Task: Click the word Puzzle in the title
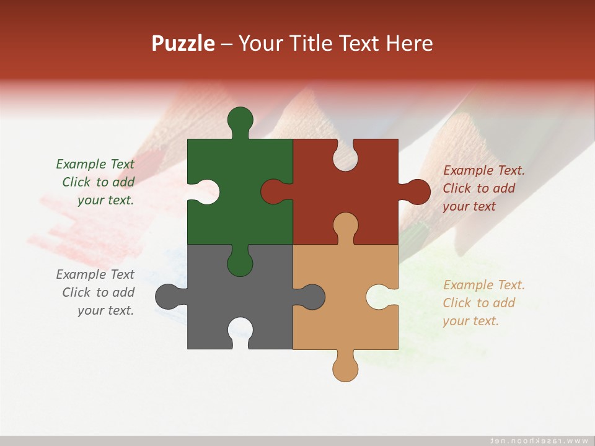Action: point(183,43)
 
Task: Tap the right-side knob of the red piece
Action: point(417,192)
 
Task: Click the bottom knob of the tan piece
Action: point(345,368)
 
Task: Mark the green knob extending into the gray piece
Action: point(240,262)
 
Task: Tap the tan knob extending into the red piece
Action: point(345,225)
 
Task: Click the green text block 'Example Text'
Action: point(96,182)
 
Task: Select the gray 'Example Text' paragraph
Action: point(96,292)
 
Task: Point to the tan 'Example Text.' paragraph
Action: point(483,303)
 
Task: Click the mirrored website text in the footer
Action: point(539,440)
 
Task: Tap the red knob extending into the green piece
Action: point(274,191)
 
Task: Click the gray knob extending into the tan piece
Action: point(312,297)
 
